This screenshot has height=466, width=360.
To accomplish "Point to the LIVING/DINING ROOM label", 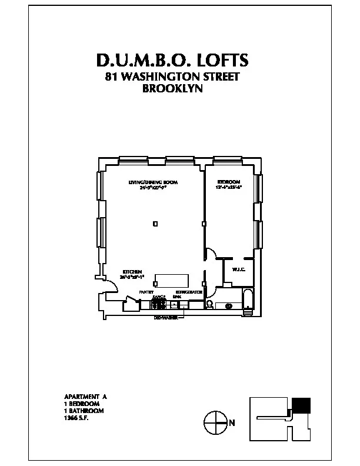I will tap(153, 182).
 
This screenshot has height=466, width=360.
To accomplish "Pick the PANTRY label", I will tap(146, 292).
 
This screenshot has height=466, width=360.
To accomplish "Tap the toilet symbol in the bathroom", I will tap(209, 304).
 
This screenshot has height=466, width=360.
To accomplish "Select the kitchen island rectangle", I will tap(171, 280).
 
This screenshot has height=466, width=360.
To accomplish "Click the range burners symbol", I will tap(159, 303).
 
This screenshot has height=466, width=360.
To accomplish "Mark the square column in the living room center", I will tap(155, 224).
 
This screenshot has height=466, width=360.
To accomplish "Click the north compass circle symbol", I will tap(215, 422).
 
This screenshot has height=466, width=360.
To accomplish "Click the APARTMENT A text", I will tap(85, 397).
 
